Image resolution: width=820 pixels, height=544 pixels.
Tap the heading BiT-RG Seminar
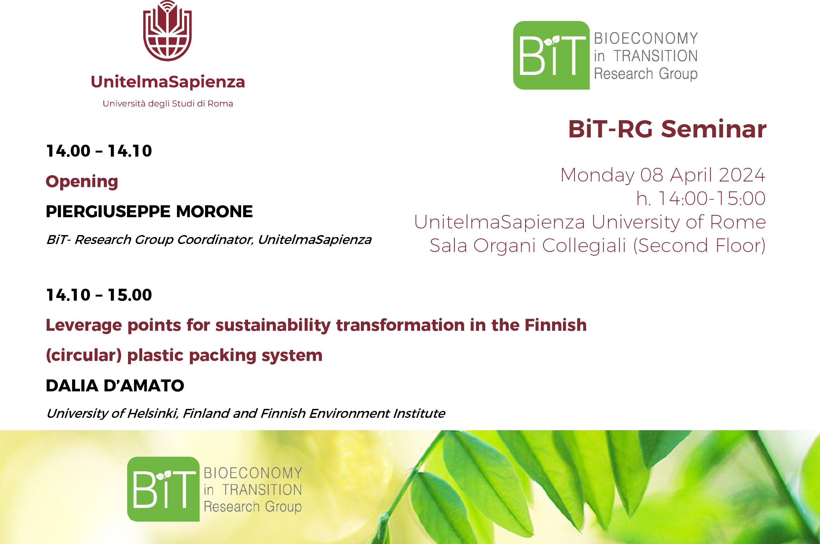tap(667, 129)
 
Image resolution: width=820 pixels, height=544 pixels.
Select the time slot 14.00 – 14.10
tap(99, 151)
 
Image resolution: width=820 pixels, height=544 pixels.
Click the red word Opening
tap(82, 181)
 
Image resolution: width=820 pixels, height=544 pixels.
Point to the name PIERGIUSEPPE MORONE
tap(150, 211)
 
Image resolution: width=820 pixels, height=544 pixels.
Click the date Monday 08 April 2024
tap(663, 174)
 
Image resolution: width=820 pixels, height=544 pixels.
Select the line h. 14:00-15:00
tap(701, 198)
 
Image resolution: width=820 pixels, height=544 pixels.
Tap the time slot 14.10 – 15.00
tap(99, 295)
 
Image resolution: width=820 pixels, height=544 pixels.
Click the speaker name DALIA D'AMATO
tap(115, 385)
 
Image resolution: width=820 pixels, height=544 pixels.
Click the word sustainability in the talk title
tap(273, 325)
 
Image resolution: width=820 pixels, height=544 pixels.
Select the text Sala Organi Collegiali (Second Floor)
tap(597, 246)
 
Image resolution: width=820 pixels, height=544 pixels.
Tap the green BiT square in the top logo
tap(551, 55)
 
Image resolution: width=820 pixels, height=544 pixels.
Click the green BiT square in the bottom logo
tap(163, 489)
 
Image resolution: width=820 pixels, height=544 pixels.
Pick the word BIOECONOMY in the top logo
tap(646, 38)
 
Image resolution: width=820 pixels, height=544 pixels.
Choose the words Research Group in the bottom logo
tap(253, 507)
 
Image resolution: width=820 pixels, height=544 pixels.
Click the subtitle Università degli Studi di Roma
tap(168, 104)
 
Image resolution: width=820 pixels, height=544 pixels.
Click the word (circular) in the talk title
tap(84, 355)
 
